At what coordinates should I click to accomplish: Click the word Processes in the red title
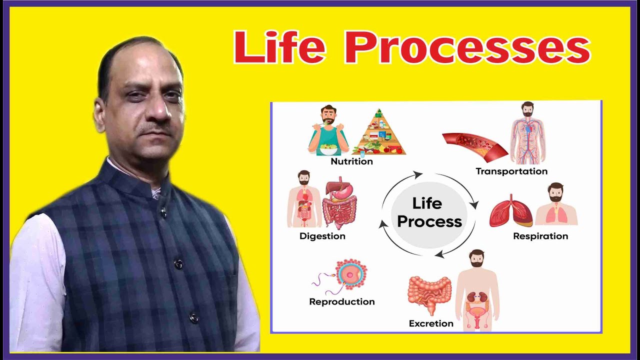click(467, 47)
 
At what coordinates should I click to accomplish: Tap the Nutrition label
click(351, 161)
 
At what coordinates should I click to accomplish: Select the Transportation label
click(511, 171)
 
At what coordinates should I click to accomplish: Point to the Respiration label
click(540, 236)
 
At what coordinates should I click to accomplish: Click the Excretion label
click(431, 323)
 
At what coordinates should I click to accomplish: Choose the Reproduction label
click(342, 301)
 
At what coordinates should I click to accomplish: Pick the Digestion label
click(322, 236)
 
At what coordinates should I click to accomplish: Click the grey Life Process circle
click(429, 212)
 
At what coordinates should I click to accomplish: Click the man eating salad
click(328, 131)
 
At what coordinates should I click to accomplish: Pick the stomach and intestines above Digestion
click(340, 202)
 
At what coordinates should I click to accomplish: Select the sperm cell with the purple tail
click(322, 282)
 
